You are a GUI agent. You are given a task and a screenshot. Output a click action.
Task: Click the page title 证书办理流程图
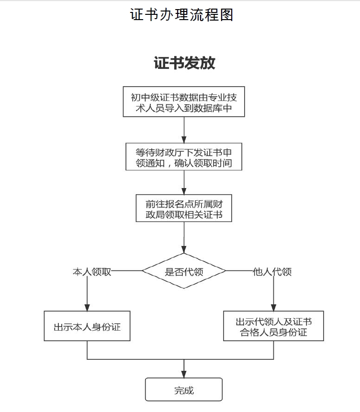click(x=181, y=15)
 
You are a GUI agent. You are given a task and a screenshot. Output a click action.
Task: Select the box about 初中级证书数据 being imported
click(x=184, y=102)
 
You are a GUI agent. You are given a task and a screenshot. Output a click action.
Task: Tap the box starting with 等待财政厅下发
click(x=184, y=156)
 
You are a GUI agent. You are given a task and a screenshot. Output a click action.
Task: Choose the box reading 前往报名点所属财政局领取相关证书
click(x=184, y=208)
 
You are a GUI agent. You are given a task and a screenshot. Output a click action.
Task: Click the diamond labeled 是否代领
click(x=184, y=271)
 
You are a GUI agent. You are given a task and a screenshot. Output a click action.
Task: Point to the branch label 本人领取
click(x=92, y=271)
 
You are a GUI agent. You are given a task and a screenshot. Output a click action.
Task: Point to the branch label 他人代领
click(x=272, y=271)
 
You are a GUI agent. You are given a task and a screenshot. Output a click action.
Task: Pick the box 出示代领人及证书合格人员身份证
click(x=273, y=326)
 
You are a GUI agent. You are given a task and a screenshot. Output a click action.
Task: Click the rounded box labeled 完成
click(x=184, y=390)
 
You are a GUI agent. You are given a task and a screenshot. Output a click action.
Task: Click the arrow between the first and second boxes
click(x=184, y=129)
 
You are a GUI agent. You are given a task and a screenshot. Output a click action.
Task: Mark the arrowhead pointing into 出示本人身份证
click(x=87, y=307)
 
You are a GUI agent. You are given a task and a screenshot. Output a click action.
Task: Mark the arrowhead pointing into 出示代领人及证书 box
click(x=273, y=307)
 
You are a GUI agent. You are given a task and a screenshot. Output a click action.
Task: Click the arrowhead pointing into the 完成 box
click(x=184, y=374)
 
